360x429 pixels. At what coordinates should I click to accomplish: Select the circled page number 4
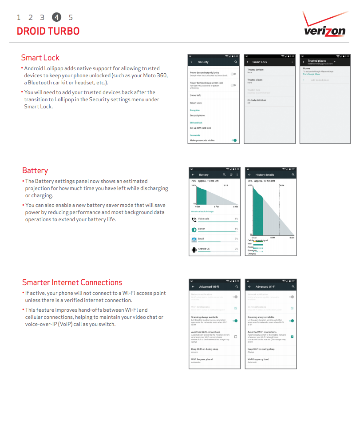tap(56, 17)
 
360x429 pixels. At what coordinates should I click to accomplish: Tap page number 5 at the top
tap(71, 17)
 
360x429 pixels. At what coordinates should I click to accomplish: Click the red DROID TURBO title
tap(48, 31)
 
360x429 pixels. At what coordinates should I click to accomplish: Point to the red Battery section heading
tap(35, 171)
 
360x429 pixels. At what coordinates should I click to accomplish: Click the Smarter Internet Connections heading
tap(72, 282)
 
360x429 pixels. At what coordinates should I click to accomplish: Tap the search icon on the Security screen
tap(236, 62)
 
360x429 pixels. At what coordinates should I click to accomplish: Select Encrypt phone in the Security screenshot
tap(197, 115)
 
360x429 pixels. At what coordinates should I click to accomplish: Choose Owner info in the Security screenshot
tap(195, 95)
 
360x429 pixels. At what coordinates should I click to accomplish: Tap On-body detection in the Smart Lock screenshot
tap(257, 100)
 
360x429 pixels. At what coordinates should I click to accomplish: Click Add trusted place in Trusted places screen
tap(320, 80)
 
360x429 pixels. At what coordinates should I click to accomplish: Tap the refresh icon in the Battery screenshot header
tap(231, 175)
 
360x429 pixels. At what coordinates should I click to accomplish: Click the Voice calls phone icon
tap(194, 219)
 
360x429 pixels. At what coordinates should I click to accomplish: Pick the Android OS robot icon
tap(194, 250)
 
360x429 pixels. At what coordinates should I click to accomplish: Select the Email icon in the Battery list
tap(194, 239)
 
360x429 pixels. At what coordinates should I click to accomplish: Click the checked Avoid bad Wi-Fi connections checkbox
tap(292, 337)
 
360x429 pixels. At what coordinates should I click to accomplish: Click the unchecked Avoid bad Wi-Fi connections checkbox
tap(235, 337)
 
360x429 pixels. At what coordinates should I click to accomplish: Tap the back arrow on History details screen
tap(249, 175)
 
